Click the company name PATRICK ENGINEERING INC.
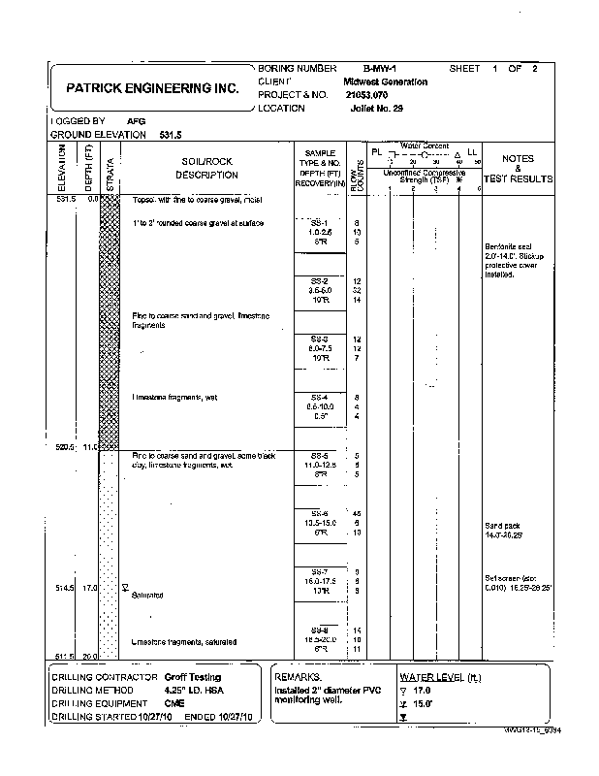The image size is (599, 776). pos(151,87)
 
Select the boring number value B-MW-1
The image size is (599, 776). pos(381,69)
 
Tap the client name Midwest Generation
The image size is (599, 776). pos(385,82)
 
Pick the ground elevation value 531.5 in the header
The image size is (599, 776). pos(169,135)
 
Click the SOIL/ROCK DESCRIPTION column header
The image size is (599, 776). pos(205,168)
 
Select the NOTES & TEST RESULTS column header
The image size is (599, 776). pos(519,169)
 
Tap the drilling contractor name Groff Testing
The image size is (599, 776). pos(192,677)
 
